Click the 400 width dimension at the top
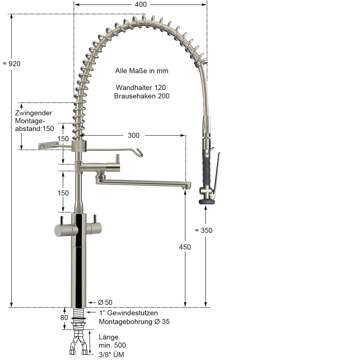coord(141,4)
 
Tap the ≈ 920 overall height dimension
coord(12,64)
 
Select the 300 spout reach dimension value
coord(134,136)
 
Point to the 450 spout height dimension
coord(185,247)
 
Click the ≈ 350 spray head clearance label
coord(203,230)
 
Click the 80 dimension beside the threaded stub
coord(64,318)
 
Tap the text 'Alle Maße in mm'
coord(142,71)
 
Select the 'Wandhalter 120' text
coord(141,87)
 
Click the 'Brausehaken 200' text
coord(141,96)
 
